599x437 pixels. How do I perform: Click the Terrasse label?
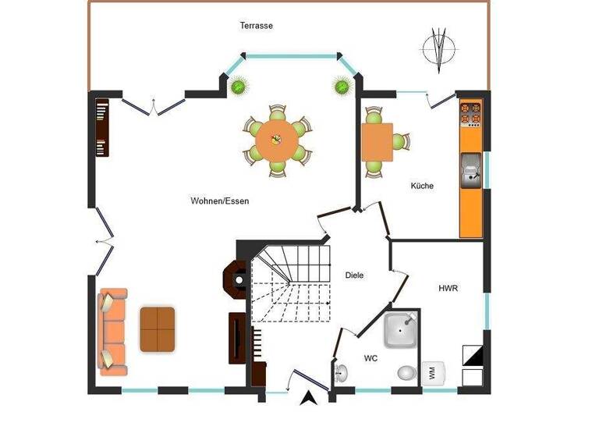point(256,26)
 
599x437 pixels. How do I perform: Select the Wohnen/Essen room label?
point(219,201)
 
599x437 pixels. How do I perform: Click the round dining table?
point(276,140)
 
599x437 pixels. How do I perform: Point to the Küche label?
point(422,186)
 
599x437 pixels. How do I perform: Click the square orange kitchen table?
point(377,141)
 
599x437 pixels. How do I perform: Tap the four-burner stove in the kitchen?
point(470,113)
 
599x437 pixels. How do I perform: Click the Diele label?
point(354,275)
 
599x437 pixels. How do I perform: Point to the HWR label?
point(448,288)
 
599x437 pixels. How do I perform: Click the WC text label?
point(371,358)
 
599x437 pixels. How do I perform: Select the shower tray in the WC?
point(402,330)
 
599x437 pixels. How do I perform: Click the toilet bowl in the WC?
point(406,374)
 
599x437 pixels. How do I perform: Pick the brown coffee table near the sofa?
point(158,329)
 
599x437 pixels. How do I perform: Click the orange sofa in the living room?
point(112,329)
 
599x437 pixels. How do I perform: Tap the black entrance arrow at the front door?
point(309,399)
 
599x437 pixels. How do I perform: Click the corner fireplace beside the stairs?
point(235,276)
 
